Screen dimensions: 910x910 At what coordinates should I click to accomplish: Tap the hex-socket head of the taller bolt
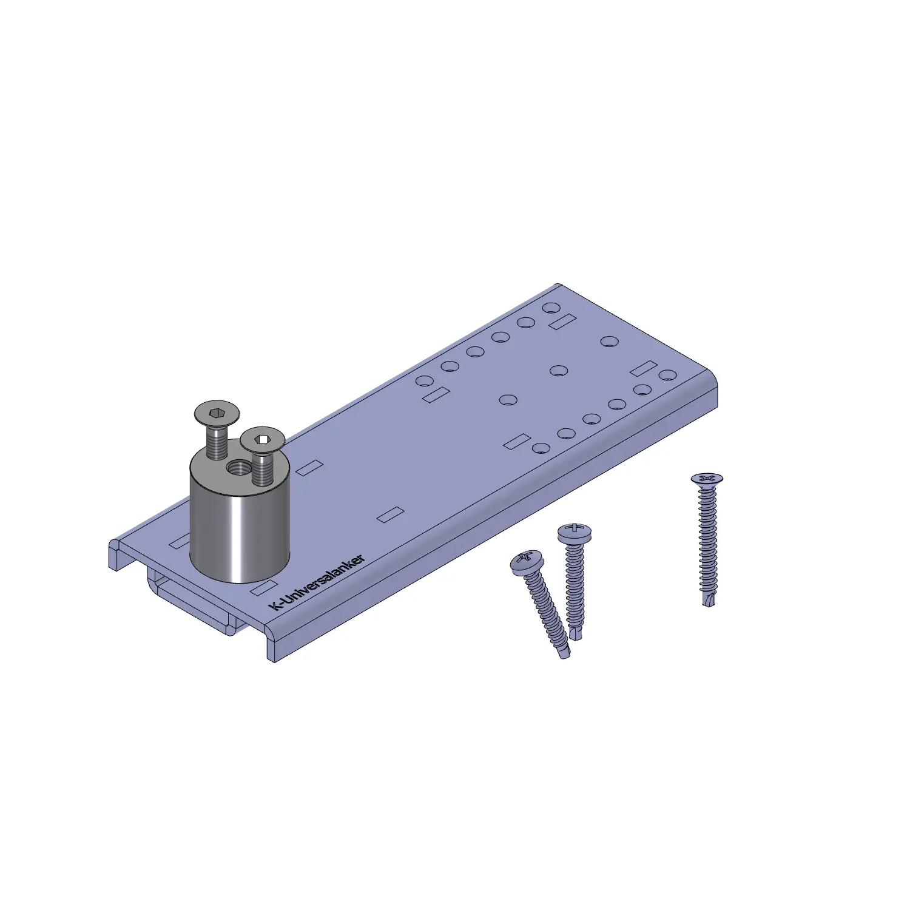[217, 415]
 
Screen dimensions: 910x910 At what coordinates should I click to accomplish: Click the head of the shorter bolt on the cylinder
[262, 439]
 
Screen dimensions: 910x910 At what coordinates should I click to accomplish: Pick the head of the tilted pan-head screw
[526, 562]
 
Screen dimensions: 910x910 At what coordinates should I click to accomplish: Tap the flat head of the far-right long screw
[707, 480]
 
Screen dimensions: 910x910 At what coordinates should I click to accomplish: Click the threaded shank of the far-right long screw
[707, 540]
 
